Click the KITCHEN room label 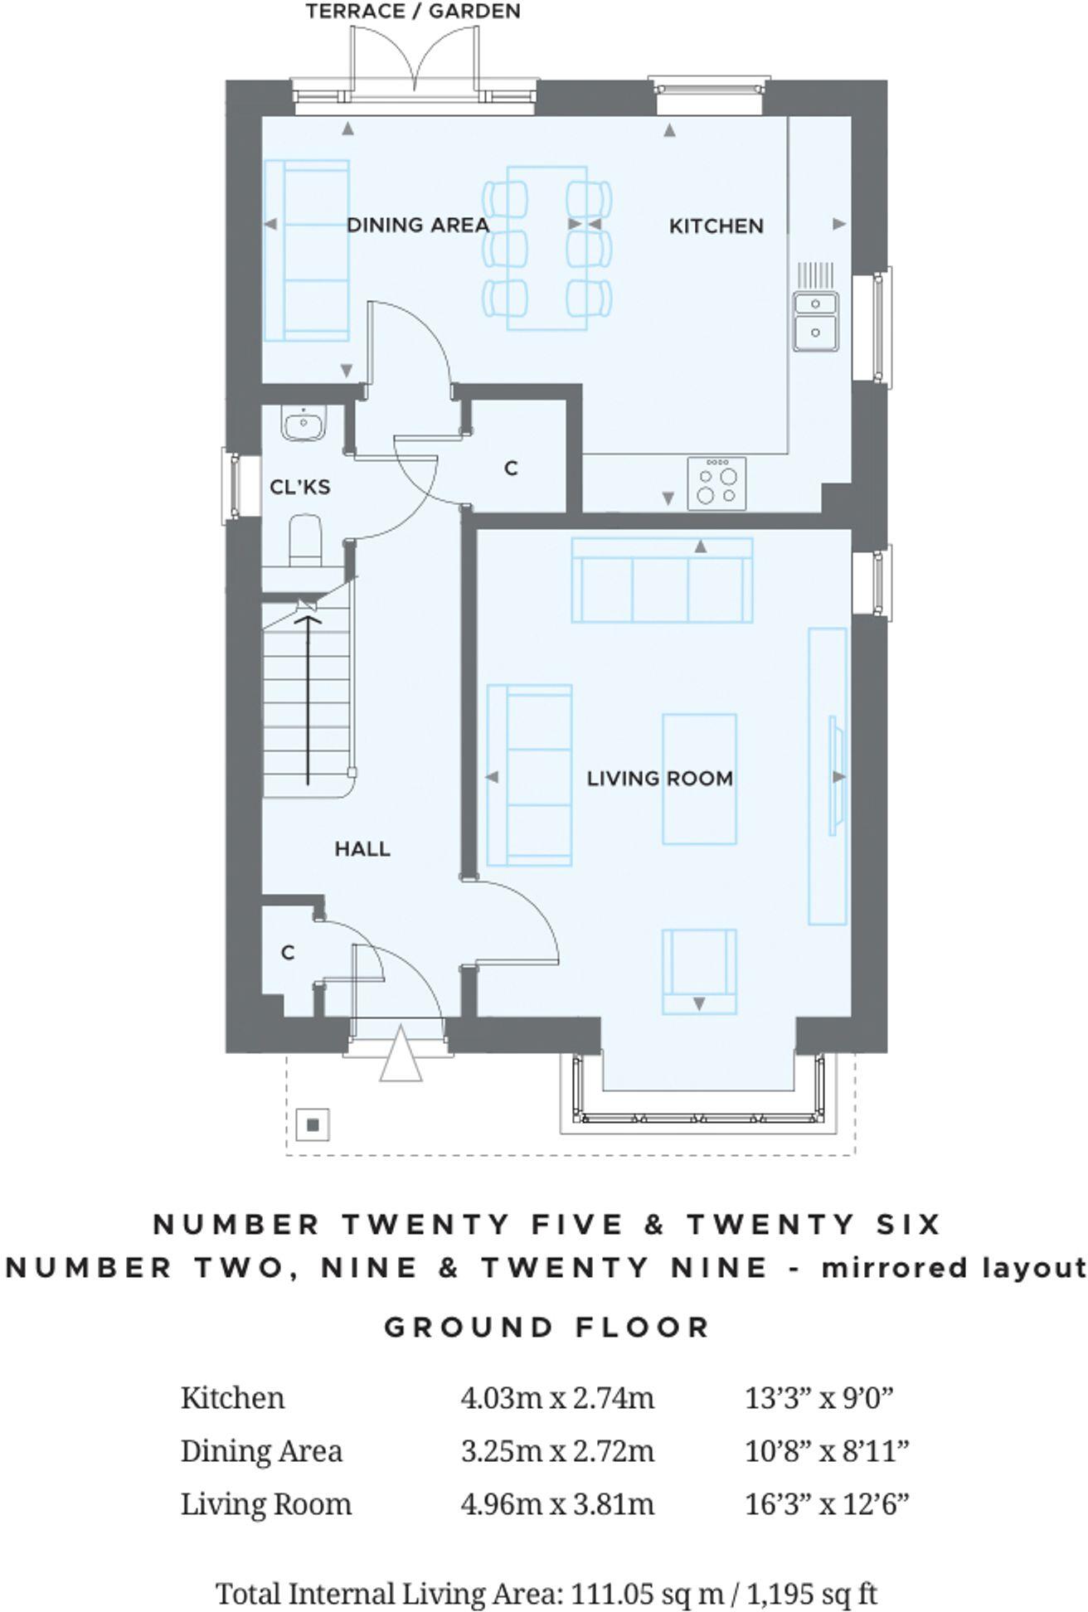coord(716,226)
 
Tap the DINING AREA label coord(417,225)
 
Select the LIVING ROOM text coord(659,779)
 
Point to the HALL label coord(362,848)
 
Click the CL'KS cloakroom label coord(299,487)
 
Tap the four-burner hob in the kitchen coord(716,484)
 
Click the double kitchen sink coord(815,320)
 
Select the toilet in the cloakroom coord(304,539)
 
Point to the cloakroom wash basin coord(304,424)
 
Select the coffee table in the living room coord(699,779)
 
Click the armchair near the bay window coord(698,970)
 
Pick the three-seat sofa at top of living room coord(663,580)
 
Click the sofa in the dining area coord(305,250)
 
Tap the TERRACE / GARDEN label coord(412,11)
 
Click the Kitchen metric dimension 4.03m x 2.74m coord(556,1397)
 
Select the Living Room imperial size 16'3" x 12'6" coord(827,1503)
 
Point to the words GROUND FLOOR coord(546,1327)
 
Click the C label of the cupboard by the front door coord(288,953)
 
